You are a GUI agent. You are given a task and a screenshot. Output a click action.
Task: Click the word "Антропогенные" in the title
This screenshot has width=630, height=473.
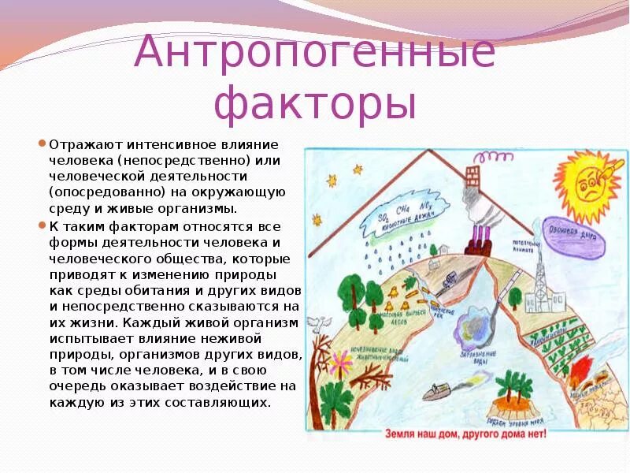click(x=315, y=54)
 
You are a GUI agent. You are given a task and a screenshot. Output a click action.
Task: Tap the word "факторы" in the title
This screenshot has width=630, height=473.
click(x=315, y=104)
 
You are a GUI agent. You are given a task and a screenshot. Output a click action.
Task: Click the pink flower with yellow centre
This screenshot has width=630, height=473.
click(x=341, y=362)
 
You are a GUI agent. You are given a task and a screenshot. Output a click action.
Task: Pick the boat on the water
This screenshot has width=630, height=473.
click(x=437, y=392)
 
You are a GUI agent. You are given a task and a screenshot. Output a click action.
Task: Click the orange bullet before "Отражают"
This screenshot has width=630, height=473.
click(x=43, y=144)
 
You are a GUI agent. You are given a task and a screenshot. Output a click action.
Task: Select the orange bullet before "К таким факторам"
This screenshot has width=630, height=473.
click(x=43, y=225)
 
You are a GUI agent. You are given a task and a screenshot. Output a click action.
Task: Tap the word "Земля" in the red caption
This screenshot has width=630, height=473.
click(x=402, y=433)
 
